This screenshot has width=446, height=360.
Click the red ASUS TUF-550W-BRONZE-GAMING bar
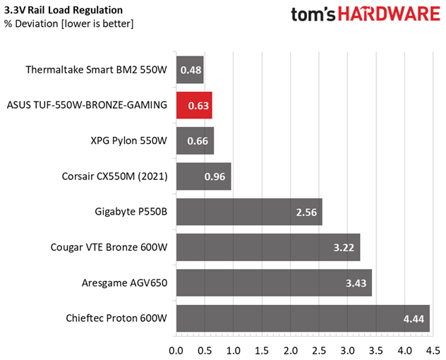(x=194, y=105)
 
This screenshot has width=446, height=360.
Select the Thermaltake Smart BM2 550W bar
(x=190, y=70)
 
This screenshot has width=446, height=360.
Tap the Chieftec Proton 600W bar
(x=303, y=318)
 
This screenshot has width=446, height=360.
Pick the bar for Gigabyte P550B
(x=249, y=212)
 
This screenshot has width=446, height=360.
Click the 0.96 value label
(x=215, y=176)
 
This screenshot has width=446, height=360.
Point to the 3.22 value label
(x=344, y=248)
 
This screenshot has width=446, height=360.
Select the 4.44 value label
(x=414, y=319)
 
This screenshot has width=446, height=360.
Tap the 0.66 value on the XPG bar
(x=198, y=141)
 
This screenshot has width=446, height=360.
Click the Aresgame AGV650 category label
(x=125, y=283)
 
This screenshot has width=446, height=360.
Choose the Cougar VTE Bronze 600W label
(x=109, y=247)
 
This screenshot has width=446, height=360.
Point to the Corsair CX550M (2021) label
(x=114, y=176)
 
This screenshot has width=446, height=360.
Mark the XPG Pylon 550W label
(x=129, y=141)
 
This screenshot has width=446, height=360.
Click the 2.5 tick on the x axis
(x=319, y=351)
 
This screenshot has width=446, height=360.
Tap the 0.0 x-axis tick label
(x=176, y=351)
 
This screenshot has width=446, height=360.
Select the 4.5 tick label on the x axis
(x=433, y=351)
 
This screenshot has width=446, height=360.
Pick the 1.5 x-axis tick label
(x=262, y=351)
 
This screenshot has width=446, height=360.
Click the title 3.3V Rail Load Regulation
(x=64, y=11)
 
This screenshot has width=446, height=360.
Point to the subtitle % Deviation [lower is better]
(x=69, y=23)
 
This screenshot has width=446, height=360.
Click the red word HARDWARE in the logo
(x=389, y=14)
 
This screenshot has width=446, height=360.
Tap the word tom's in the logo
(x=313, y=14)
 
